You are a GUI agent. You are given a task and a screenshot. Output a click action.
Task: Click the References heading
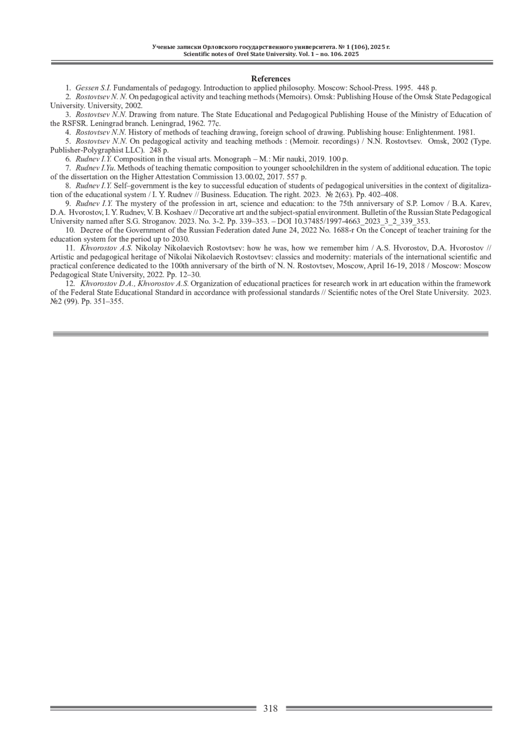[271, 79]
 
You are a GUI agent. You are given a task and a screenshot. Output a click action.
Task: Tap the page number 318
[271, 708]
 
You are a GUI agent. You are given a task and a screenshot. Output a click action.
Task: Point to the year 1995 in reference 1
[402, 88]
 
